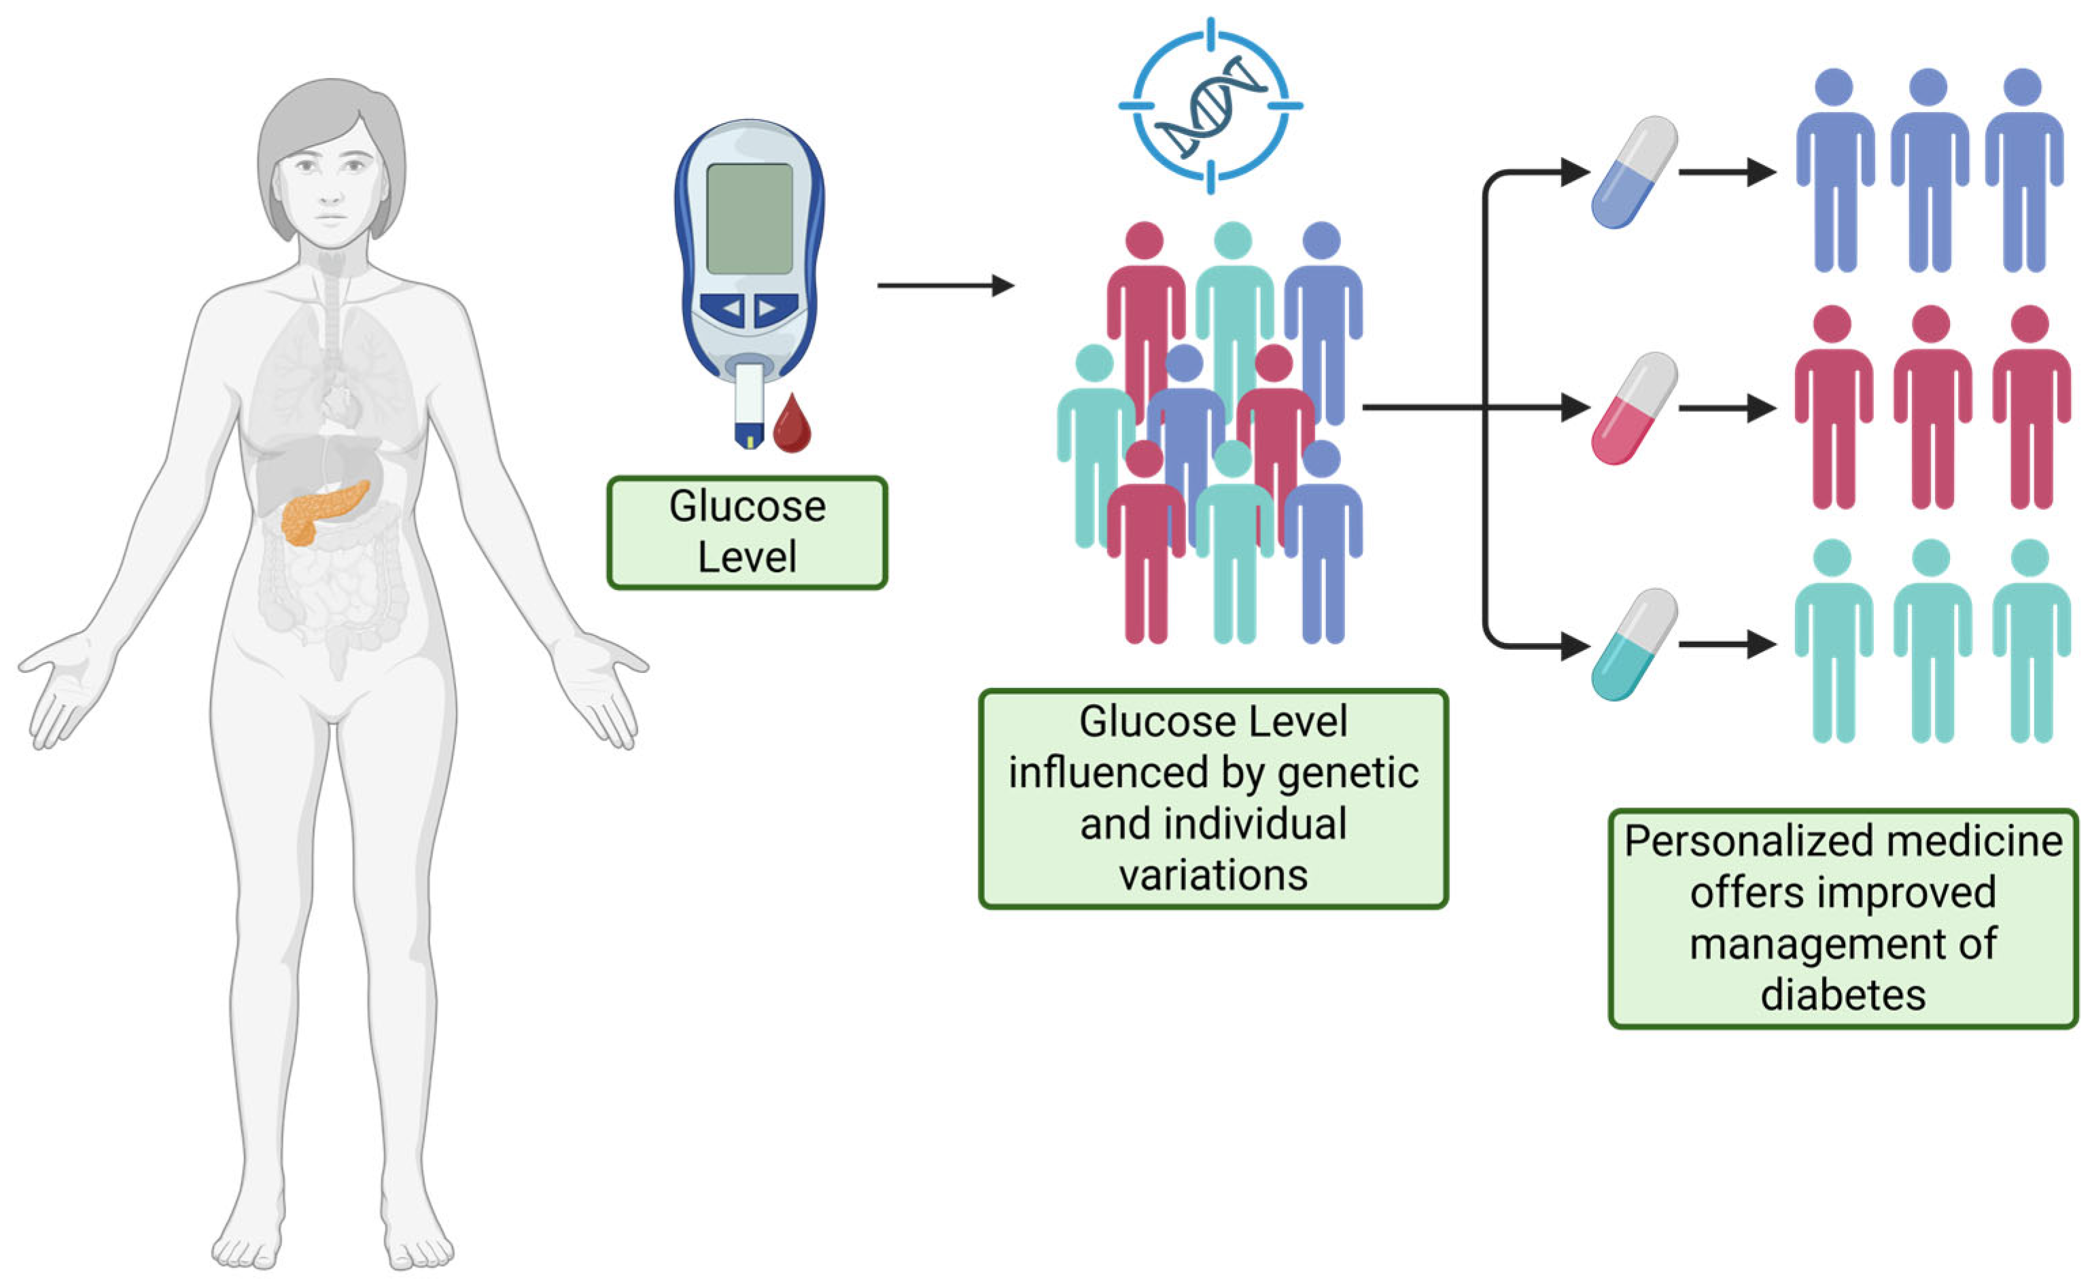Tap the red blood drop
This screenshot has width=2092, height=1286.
coord(791,425)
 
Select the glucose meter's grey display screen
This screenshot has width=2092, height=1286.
coord(749,219)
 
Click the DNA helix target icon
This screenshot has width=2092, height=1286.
coord(1210,105)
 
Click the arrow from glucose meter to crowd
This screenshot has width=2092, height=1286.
coord(945,285)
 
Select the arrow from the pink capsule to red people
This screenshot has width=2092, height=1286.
coord(1726,409)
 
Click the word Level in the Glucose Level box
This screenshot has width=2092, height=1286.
coord(747,557)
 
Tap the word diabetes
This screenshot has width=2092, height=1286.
coord(1843,995)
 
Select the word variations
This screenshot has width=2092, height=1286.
coord(1213,876)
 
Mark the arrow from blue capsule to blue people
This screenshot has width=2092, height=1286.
coord(1726,173)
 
